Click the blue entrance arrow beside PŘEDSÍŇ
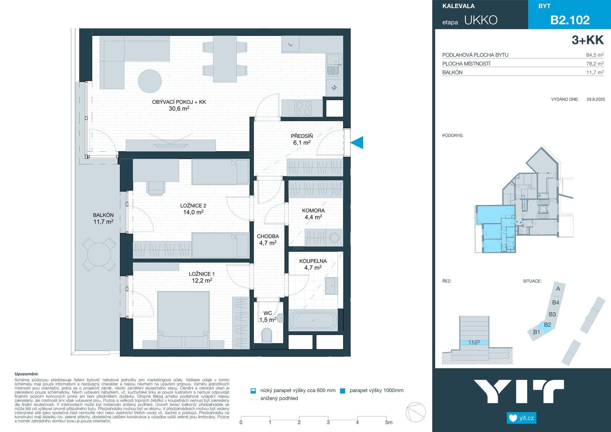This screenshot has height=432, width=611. (358, 142)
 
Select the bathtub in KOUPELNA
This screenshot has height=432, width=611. (313, 320)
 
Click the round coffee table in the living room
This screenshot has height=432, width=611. (150, 81)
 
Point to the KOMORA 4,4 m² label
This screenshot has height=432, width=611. (313, 214)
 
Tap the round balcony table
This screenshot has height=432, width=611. (99, 254)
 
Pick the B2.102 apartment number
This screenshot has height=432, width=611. (570, 20)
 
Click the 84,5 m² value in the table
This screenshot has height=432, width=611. (595, 55)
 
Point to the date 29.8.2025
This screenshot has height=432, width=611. (595, 99)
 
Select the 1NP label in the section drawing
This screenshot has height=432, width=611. (474, 343)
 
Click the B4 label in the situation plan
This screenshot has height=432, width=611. (556, 302)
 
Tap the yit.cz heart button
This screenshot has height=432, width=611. (522, 418)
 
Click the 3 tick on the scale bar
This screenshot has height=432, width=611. (328, 422)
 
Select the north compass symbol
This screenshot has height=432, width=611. (416, 412)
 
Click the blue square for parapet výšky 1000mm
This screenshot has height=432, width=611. (342, 391)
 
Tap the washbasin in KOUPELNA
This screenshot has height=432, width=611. (332, 286)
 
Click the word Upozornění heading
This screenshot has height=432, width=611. (26, 374)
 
